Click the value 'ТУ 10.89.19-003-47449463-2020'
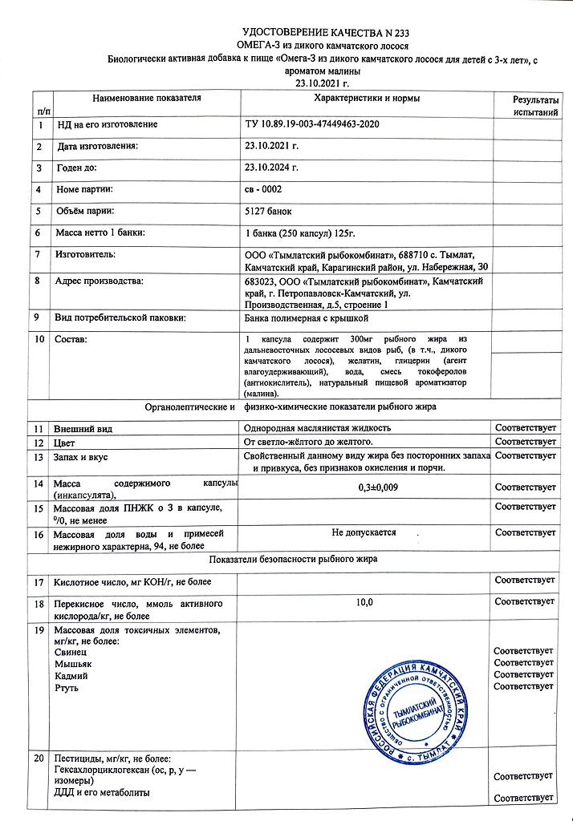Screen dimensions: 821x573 point(311,125)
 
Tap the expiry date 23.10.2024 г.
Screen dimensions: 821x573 point(271,168)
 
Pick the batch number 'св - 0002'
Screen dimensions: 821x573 point(263,189)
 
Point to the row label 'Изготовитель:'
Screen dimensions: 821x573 point(85,254)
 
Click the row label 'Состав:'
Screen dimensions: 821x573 point(71,341)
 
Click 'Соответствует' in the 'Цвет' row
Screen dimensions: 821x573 point(526,442)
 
